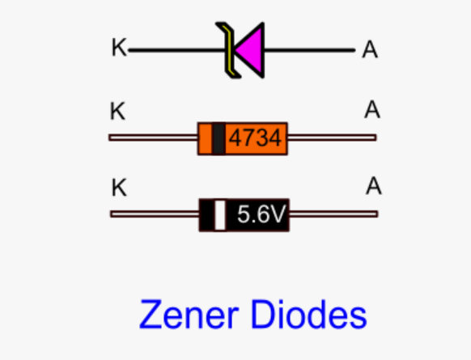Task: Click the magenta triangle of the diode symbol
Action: pos(252,50)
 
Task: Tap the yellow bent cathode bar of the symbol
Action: pos(229,50)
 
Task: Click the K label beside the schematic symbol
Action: pos(119,47)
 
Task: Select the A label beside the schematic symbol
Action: pos(370,49)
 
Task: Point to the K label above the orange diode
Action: pos(117,111)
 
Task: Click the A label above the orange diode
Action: pos(372,109)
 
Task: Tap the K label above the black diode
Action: pos(119,188)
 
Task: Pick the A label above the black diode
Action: pos(374,185)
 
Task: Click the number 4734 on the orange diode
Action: pos(255,138)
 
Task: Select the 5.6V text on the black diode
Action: pos(261,214)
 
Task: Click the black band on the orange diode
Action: pos(219,138)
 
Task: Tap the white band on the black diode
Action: pos(220,215)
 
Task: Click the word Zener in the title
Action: pos(189,315)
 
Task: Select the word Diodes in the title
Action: pos(309,315)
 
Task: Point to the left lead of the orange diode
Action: pos(153,138)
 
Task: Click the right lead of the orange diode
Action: pos(332,138)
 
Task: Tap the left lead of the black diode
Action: pos(155,214)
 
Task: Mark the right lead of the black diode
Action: pos(333,214)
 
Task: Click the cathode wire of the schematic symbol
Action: pos(177,50)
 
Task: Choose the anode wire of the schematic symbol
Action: pos(310,50)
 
